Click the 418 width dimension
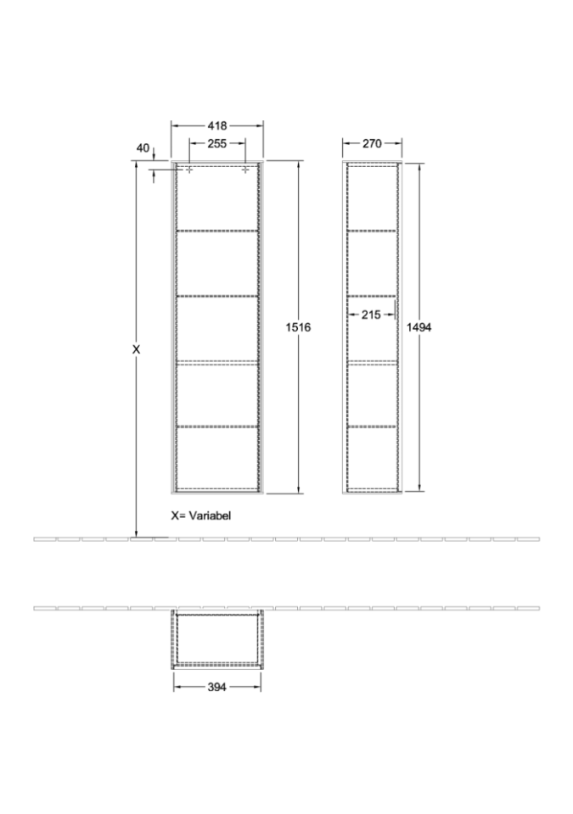point(217,125)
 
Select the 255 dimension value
point(216,143)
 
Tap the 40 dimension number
point(143,148)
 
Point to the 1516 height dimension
point(299,327)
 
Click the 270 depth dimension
point(372,143)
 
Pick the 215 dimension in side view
point(371,315)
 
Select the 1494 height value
point(419,327)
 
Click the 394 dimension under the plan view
point(216,687)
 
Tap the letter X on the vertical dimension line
point(136,350)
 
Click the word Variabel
point(210,516)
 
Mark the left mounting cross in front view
point(189,170)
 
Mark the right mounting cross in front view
point(244,170)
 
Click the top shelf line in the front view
point(217,231)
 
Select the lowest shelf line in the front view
point(217,427)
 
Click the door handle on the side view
point(396,310)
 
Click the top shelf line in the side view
point(373,230)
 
